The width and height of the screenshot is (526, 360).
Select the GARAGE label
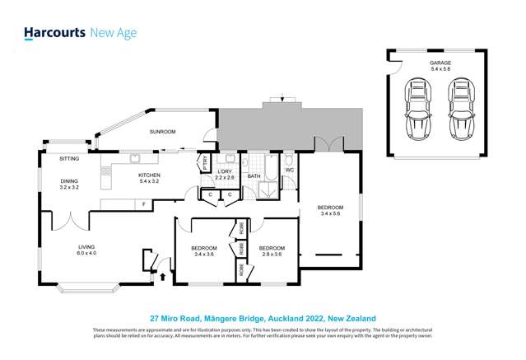pyautogui.click(x=440, y=63)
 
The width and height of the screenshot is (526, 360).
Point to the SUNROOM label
pyautogui.click(x=162, y=131)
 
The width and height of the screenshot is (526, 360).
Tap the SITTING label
pyautogui.click(x=70, y=157)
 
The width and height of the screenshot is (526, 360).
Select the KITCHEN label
pyautogui.click(x=149, y=175)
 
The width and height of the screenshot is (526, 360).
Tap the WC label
pyautogui.click(x=289, y=171)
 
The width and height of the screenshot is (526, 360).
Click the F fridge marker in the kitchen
pyautogui.click(x=143, y=203)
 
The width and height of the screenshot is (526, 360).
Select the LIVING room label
pyautogui.click(x=86, y=246)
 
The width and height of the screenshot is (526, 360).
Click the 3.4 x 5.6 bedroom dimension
pyautogui.click(x=330, y=213)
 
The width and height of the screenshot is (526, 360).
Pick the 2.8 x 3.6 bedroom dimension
pyautogui.click(x=271, y=255)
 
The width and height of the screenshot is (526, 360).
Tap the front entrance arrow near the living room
pyautogui.click(x=161, y=277)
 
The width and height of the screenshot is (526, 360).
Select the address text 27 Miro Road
pyautogui.click(x=176, y=317)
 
